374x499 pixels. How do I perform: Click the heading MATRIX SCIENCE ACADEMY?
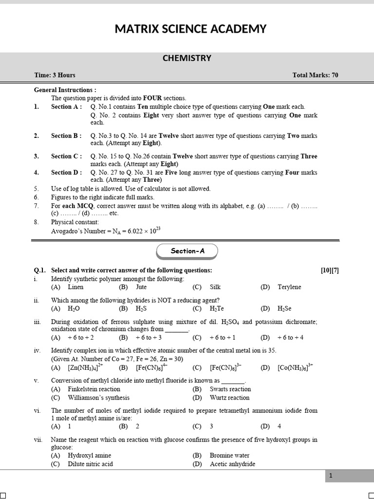[190, 29]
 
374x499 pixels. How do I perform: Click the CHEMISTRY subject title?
[187, 58]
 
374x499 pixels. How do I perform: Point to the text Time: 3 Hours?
[55, 75]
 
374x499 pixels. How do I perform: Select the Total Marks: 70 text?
[315, 75]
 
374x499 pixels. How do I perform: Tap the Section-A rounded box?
[187, 250]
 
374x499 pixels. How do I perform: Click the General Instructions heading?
[65, 90]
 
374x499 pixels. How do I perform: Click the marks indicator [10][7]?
[330, 270]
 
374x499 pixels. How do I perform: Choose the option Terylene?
[289, 287]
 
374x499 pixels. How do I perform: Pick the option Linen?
[75, 287]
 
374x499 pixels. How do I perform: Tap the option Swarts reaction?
[230, 389]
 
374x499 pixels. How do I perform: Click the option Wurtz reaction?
[229, 398]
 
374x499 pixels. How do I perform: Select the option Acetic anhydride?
[232, 464]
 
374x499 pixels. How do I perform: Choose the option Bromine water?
[229, 456]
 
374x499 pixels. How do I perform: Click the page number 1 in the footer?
[330, 476]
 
